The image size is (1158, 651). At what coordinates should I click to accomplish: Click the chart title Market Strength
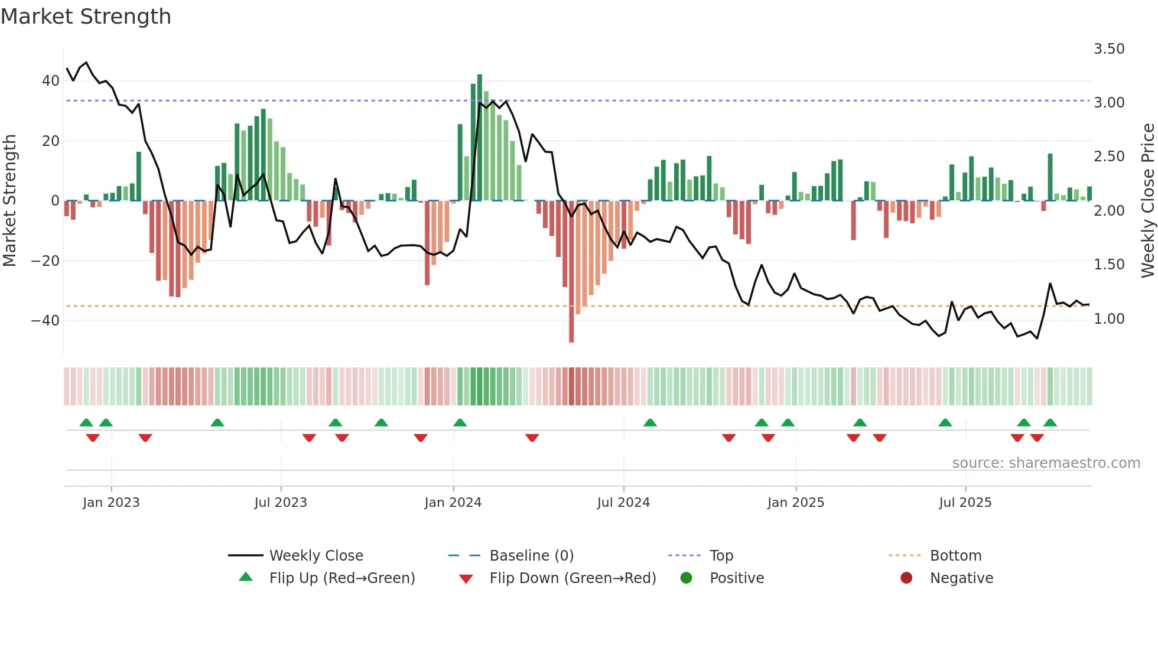pyautogui.click(x=86, y=17)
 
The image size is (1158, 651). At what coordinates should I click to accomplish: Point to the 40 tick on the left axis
pyautogui.click(x=50, y=81)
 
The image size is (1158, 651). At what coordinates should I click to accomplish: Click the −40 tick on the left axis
pyautogui.click(x=45, y=321)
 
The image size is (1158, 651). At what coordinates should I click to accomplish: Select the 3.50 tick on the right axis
pyautogui.click(x=1109, y=49)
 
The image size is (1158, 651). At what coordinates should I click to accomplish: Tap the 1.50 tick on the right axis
pyautogui.click(x=1109, y=265)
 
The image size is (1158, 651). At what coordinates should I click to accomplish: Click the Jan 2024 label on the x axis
pyautogui.click(x=453, y=503)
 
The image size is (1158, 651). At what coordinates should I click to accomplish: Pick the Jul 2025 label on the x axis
pyautogui.click(x=965, y=503)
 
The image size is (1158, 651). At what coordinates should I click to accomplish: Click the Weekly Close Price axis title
pyautogui.click(x=1147, y=201)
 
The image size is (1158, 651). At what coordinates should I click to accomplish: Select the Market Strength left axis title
pyautogui.click(x=10, y=201)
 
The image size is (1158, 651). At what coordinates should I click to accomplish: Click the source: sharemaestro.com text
pyautogui.click(x=1046, y=463)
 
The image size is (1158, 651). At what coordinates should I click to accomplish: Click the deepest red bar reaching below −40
pyautogui.click(x=571, y=272)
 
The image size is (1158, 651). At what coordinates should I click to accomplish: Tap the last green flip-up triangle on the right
pyautogui.click(x=1050, y=423)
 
